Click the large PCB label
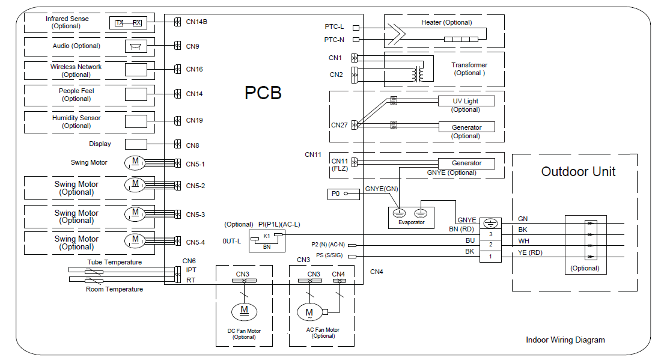[263, 93]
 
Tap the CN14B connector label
[196, 22]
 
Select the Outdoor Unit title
[578, 171]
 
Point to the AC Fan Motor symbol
[309, 313]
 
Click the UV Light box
[466, 101]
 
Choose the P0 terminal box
[343, 194]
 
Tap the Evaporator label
[411, 222]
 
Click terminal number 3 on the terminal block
[490, 234]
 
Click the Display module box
[136, 144]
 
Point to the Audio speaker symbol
[135, 46]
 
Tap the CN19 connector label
[194, 120]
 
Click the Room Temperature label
[114, 289]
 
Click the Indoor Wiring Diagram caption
[565, 340]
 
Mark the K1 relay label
[267, 236]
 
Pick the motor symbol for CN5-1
[135, 162]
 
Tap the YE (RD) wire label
[530, 252]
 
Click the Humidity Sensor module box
[136, 121]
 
